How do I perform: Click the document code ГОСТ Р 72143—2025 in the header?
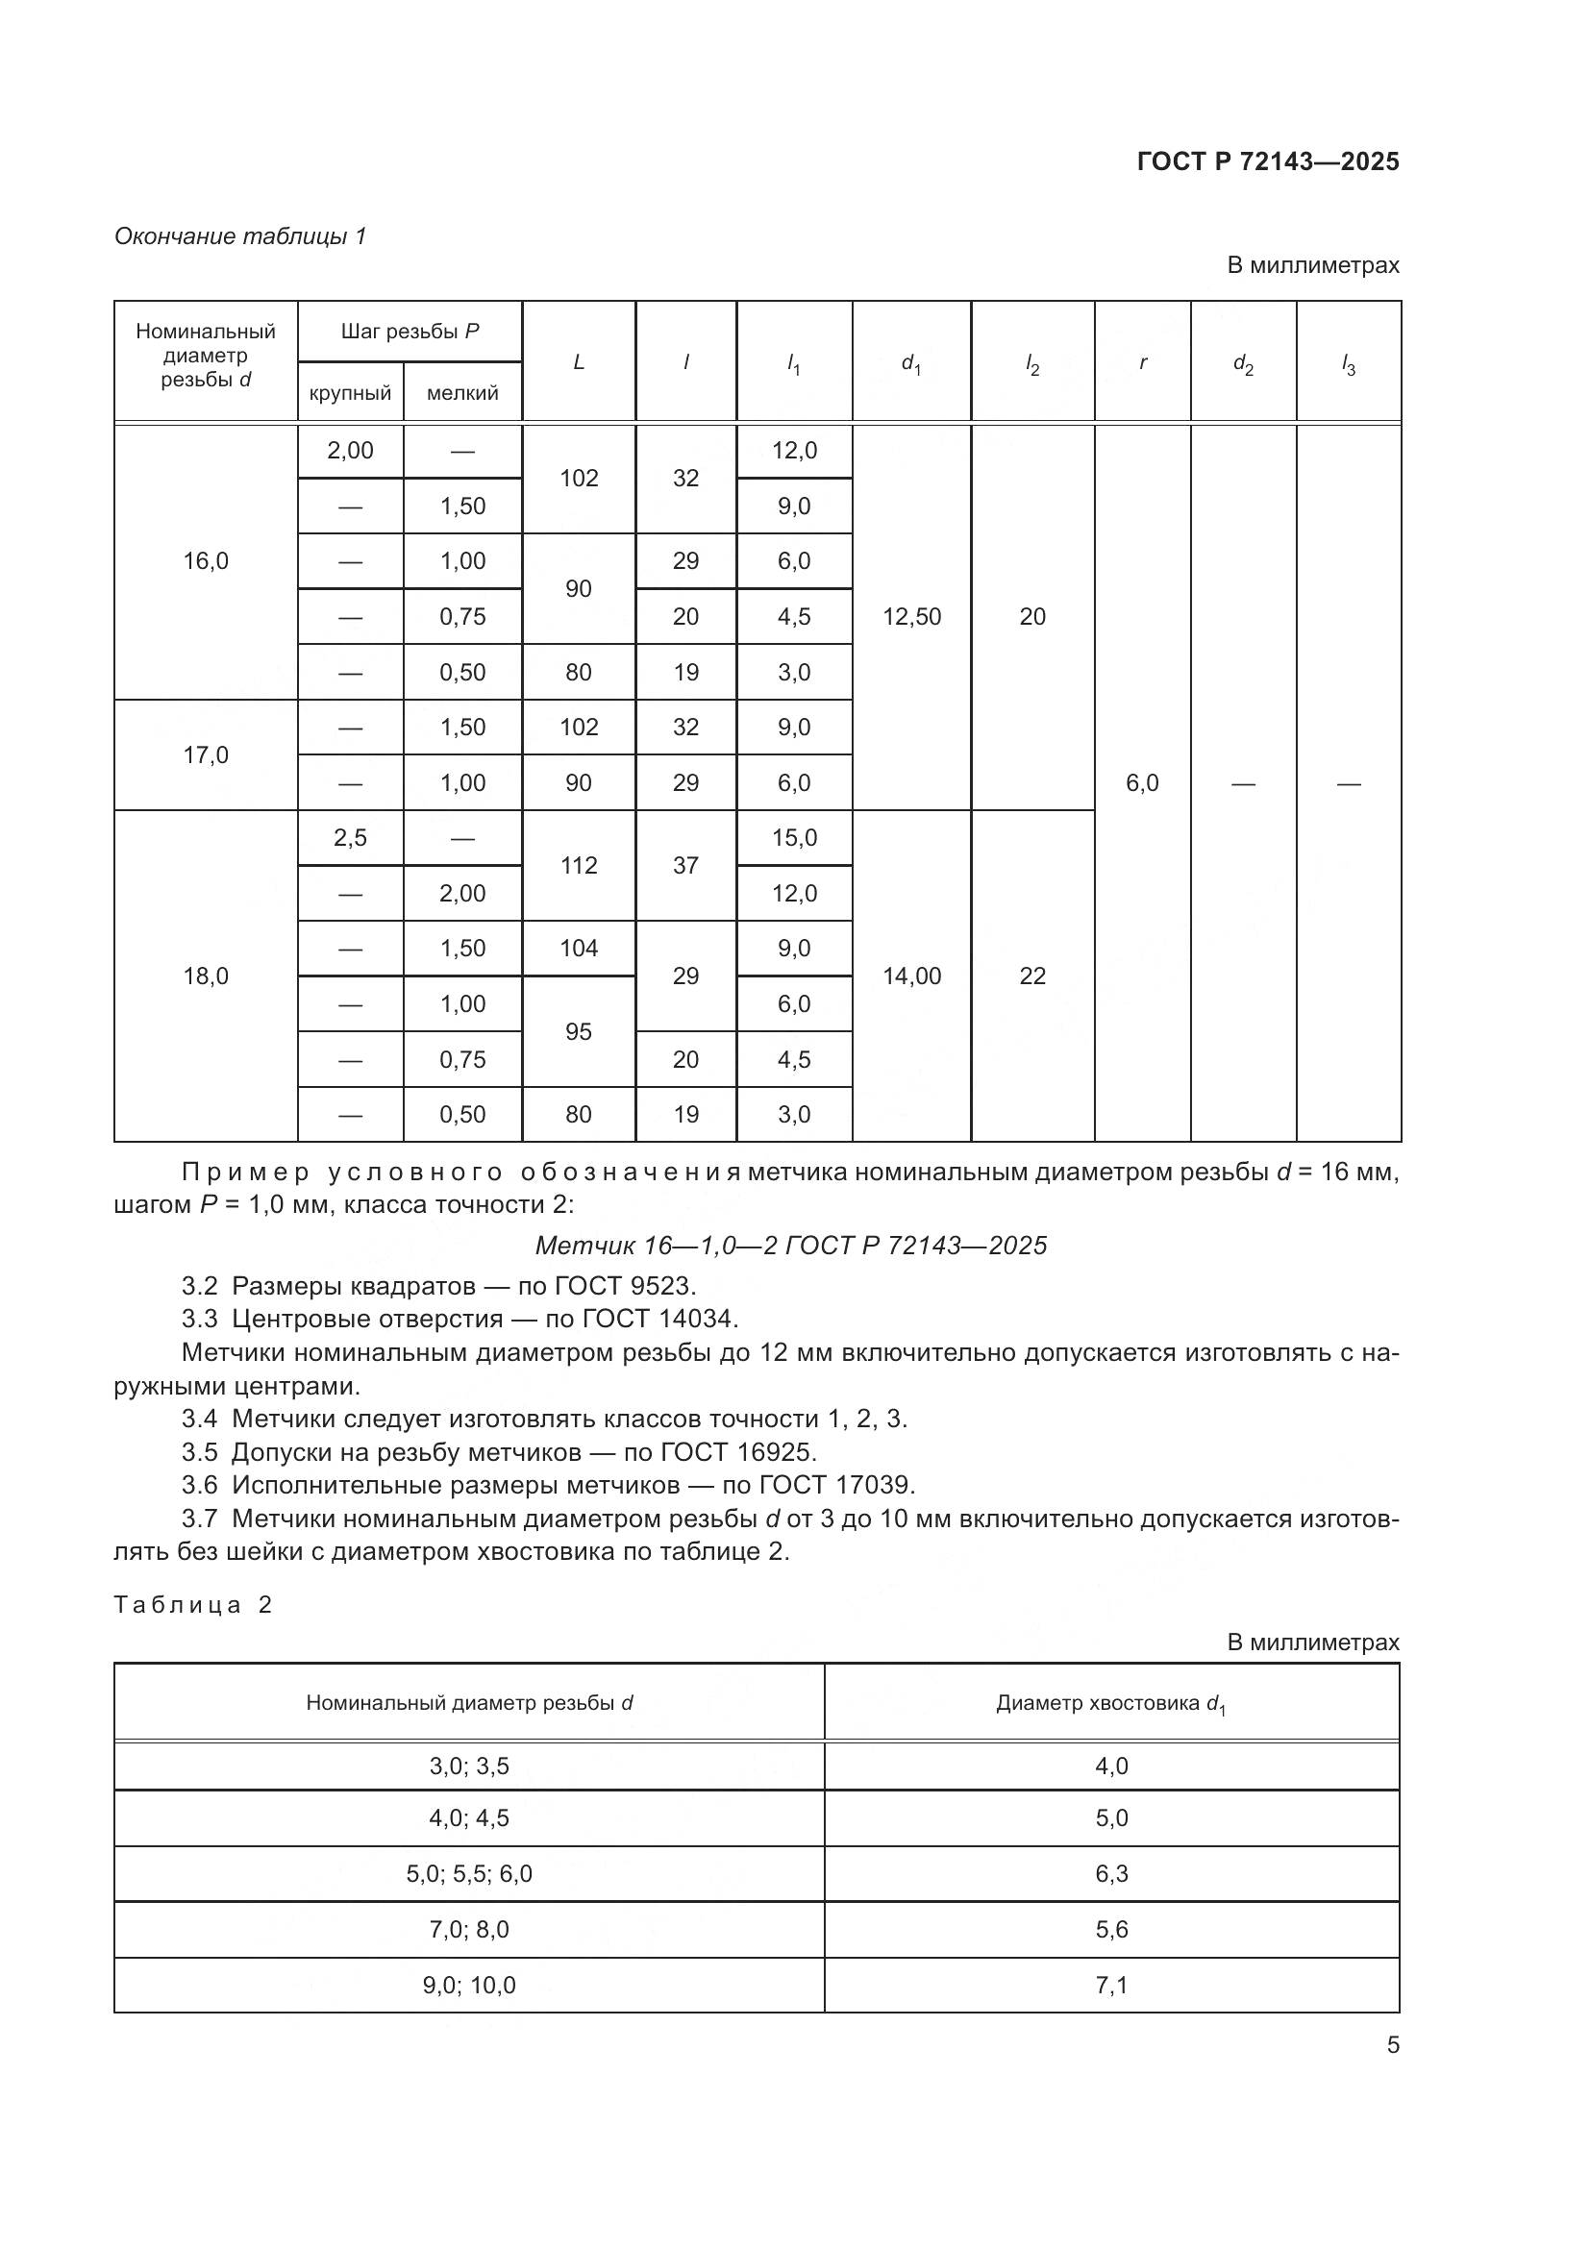point(1268,161)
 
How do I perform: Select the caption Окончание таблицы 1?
point(240,236)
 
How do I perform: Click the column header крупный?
point(350,393)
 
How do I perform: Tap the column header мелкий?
point(462,393)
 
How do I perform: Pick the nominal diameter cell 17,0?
point(206,754)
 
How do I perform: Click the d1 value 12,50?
point(911,617)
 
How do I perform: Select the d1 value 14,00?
point(911,976)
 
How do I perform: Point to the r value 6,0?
point(1142,783)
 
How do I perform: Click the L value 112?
point(579,866)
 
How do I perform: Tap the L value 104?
point(579,948)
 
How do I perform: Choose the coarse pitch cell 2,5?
point(350,838)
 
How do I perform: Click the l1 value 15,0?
point(794,838)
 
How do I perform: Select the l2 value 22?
point(1031,976)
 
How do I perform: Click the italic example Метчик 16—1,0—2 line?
point(791,1246)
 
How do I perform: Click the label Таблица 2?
point(193,1605)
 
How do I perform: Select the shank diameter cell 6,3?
point(1111,1874)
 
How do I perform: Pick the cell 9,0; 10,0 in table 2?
point(469,1986)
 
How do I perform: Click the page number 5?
point(1392,2045)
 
